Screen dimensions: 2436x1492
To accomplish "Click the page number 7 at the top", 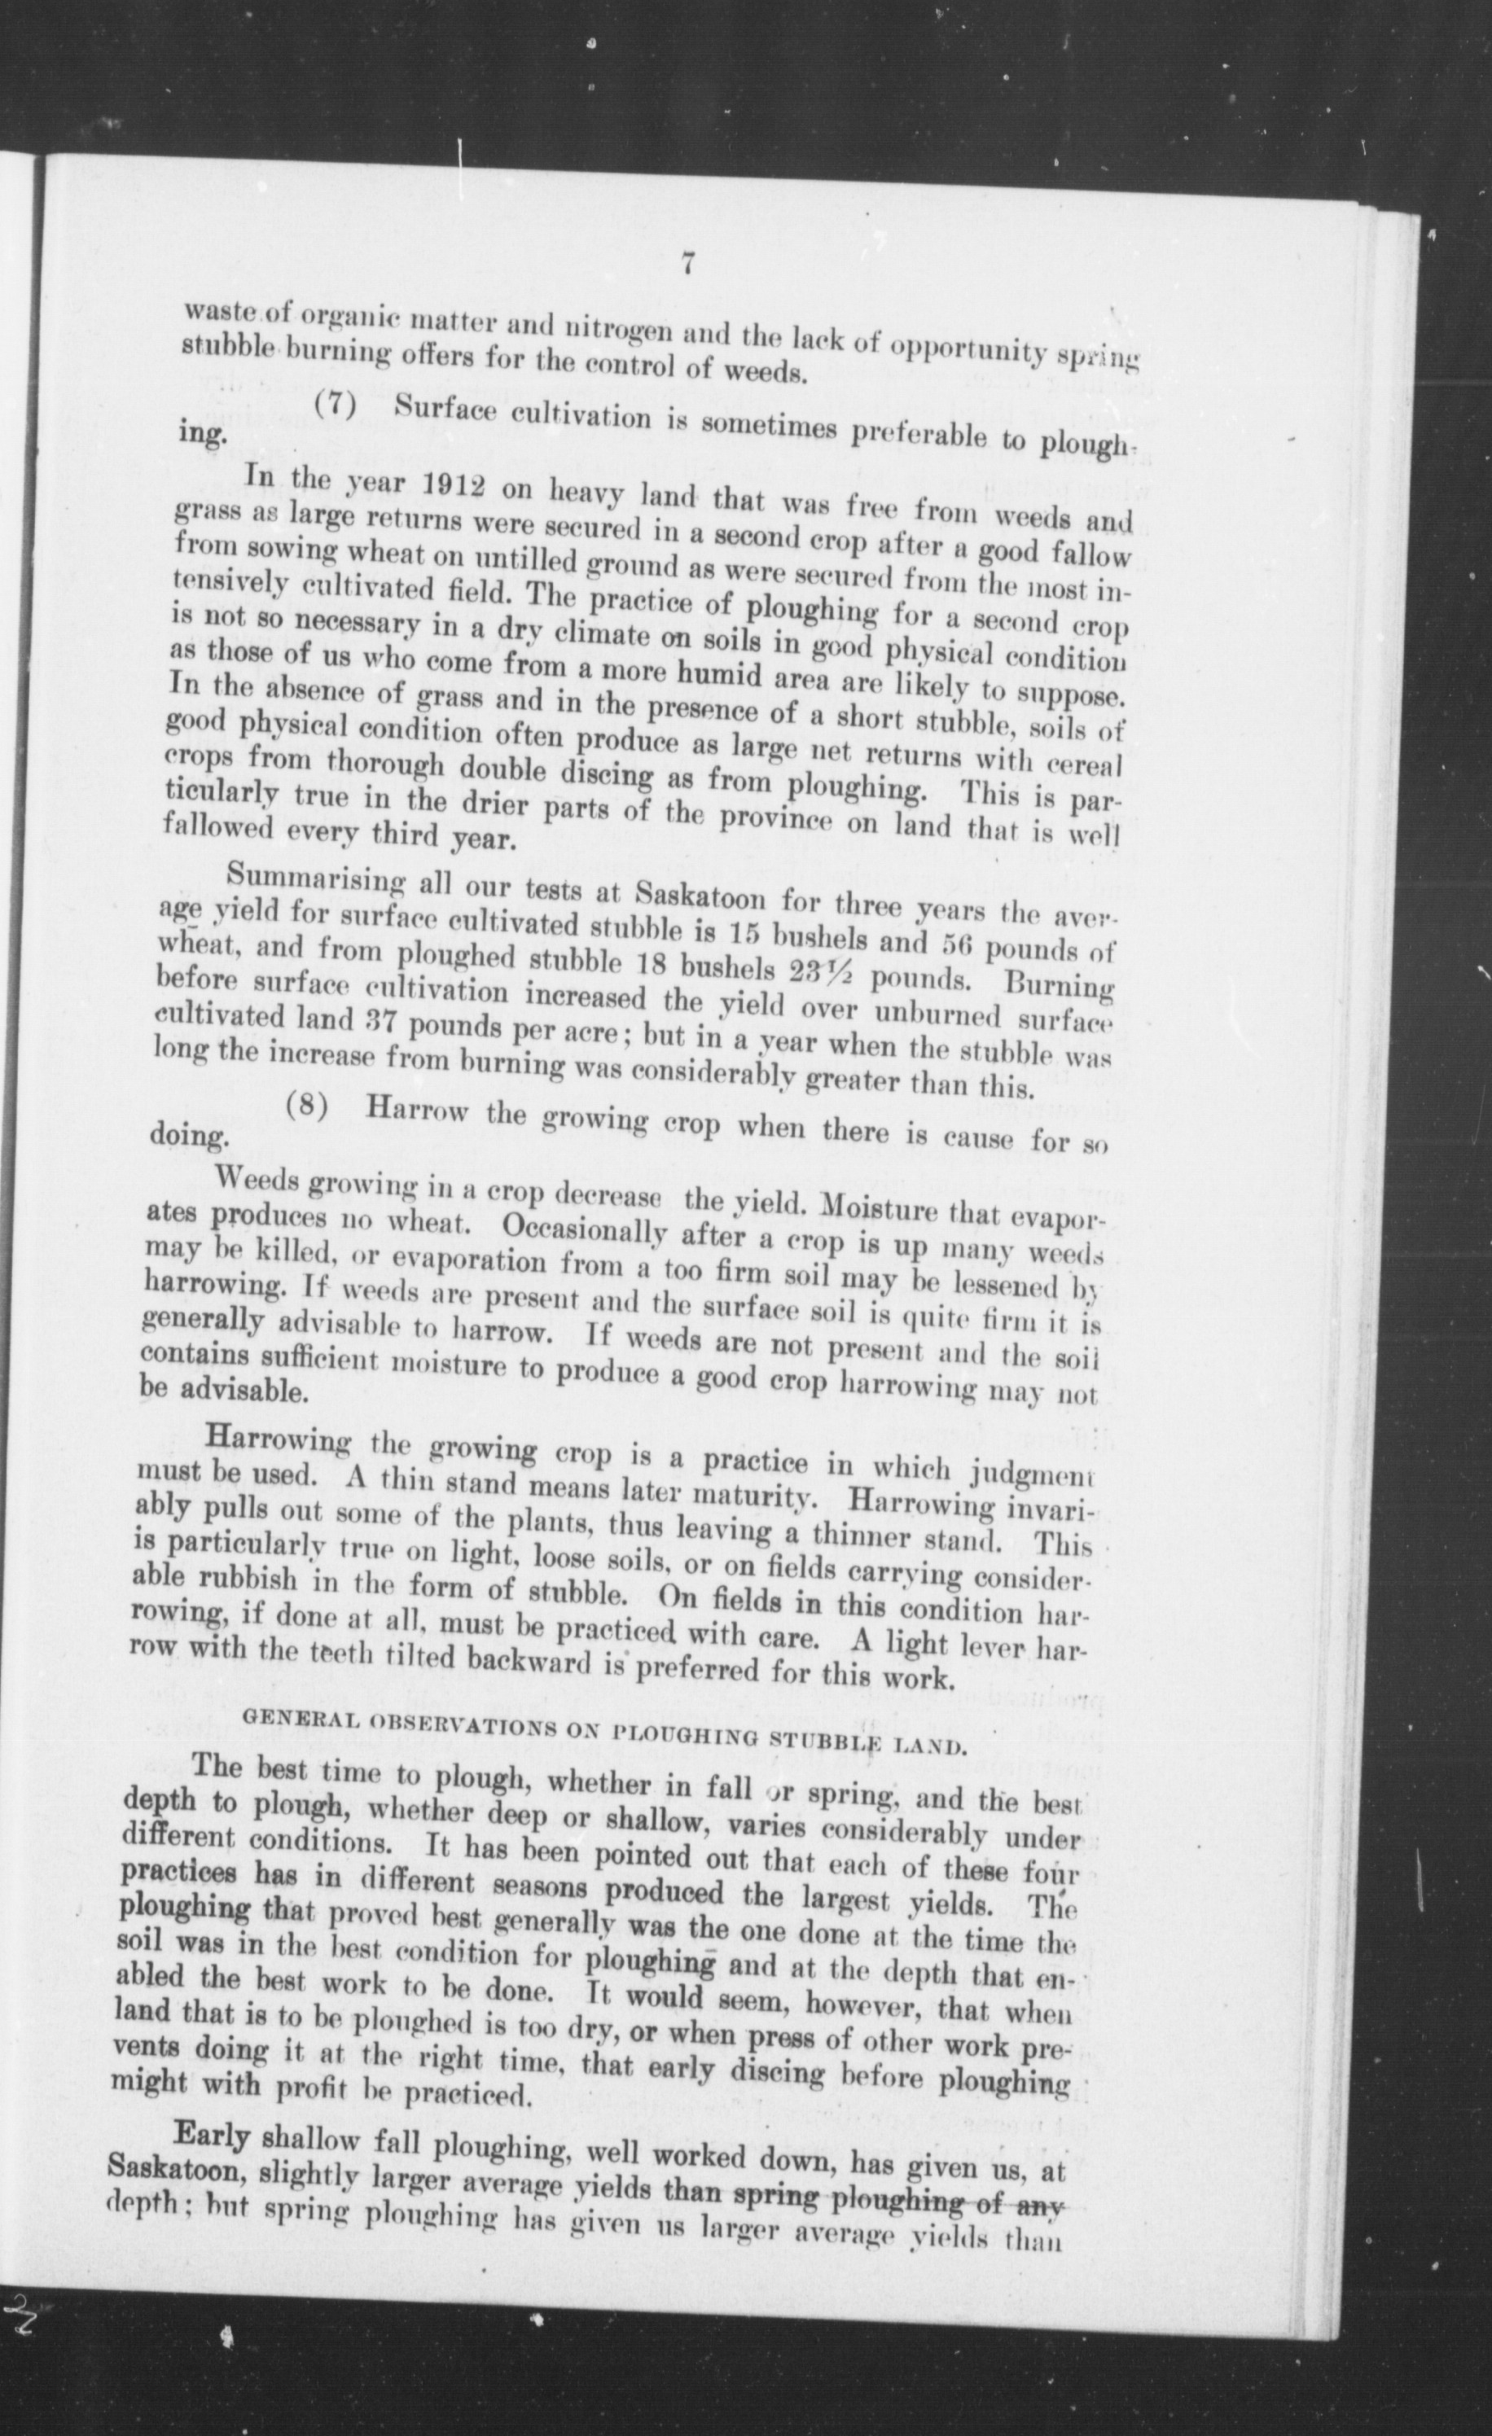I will (689, 264).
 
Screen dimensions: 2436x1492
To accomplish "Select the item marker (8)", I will (306, 1106).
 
